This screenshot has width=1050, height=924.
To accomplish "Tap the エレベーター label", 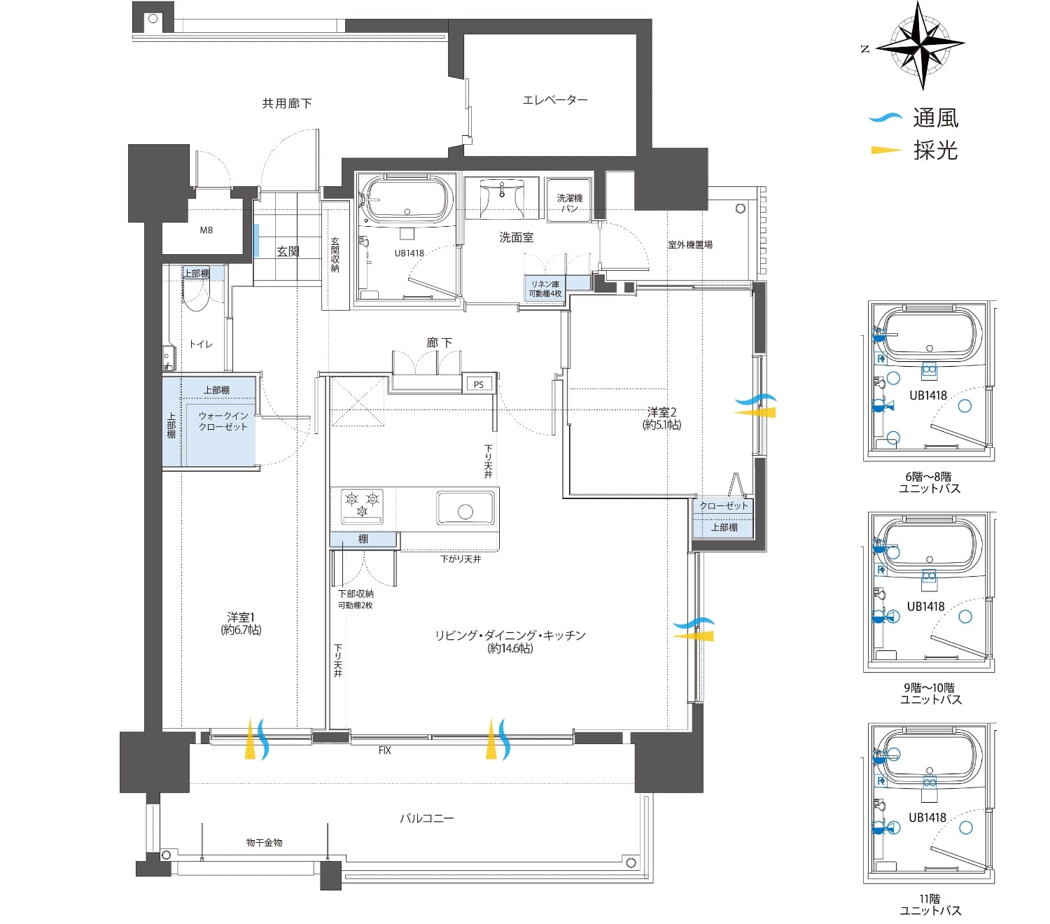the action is [554, 99].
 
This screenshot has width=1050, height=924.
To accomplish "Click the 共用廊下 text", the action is [286, 104].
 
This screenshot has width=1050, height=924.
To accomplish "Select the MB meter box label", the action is [206, 230].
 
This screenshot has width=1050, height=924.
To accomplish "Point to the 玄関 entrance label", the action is [288, 251].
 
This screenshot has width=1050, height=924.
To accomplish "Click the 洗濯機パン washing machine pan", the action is [569, 200].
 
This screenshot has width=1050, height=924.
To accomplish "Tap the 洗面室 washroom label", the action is [516, 237].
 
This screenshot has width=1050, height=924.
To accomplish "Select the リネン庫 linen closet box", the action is [545, 288].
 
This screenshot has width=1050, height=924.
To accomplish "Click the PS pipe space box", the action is [478, 384].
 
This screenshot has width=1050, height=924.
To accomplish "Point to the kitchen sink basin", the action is [465, 508].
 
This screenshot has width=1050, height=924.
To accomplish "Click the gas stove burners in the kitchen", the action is [362, 505].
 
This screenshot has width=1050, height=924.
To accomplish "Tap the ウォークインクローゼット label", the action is [223, 421].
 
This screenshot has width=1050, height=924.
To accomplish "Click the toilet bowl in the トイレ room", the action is [197, 295].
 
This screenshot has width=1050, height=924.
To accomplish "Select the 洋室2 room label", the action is [661, 418].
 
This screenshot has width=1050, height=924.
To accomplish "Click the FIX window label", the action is [384, 750].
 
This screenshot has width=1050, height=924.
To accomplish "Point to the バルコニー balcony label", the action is [426, 818].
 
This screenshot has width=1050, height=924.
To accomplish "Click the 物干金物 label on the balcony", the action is [265, 843].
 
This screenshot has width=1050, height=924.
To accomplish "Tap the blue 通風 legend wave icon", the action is [885, 118].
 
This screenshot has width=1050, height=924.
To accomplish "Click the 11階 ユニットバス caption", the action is [930, 905].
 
